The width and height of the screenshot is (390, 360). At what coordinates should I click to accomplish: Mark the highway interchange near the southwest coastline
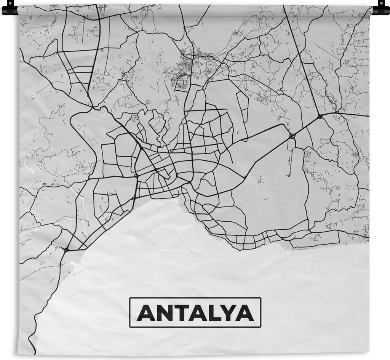coord(66,250)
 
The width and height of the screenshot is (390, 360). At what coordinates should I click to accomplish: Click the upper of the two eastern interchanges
coord(320,116)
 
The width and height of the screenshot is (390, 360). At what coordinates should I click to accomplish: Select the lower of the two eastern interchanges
coord(292,135)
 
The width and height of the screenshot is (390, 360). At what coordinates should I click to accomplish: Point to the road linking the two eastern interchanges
coord(306,126)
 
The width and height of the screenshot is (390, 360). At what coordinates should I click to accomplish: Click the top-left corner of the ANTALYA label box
coord(130,298)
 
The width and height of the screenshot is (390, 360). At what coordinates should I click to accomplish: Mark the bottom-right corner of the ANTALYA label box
coord(261,327)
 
